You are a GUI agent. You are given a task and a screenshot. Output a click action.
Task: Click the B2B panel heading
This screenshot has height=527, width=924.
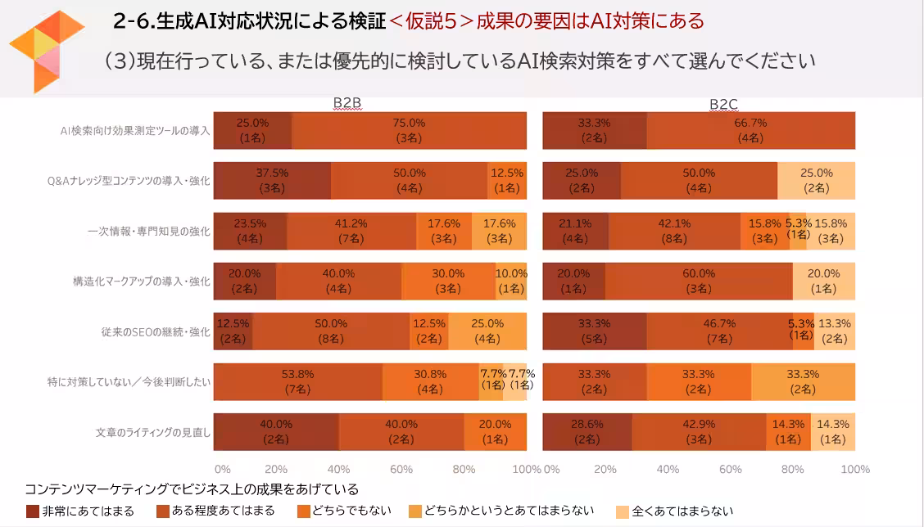(x=346, y=103)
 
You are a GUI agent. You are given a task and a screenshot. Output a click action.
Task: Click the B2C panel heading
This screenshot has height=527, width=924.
(x=723, y=103)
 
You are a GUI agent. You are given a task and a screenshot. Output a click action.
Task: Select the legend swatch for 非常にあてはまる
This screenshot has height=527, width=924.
(x=32, y=511)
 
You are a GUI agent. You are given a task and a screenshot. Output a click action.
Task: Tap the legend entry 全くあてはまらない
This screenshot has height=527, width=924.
(x=682, y=511)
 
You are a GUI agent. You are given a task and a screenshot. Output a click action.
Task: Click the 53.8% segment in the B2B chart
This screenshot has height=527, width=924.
(x=297, y=381)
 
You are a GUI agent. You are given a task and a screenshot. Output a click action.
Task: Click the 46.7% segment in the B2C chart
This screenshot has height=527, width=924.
(x=719, y=331)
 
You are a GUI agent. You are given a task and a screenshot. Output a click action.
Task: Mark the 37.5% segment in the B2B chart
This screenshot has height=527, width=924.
(x=272, y=181)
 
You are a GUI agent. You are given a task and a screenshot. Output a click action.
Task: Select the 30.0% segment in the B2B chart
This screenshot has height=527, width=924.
(x=449, y=282)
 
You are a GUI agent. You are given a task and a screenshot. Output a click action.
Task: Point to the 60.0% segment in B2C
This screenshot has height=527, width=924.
(x=699, y=282)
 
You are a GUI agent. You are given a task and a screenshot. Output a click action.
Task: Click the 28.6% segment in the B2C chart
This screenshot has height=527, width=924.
(x=587, y=432)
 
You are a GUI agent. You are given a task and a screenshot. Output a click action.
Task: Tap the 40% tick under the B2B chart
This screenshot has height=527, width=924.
(x=338, y=470)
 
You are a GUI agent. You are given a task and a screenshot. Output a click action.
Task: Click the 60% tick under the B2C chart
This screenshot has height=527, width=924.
(x=731, y=470)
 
